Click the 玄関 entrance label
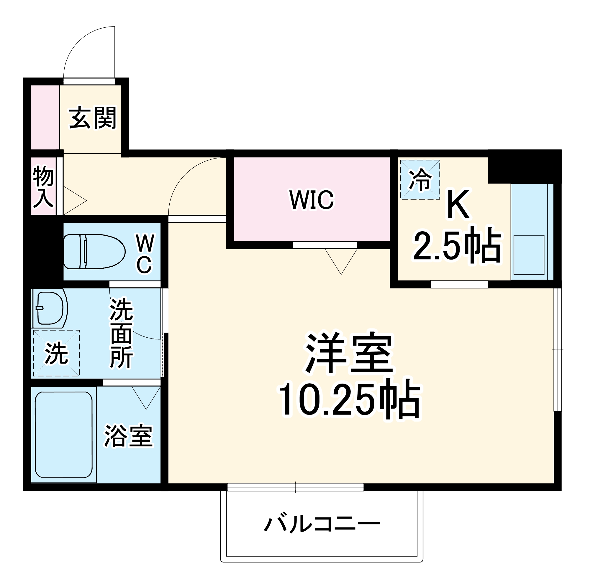pos(93,118)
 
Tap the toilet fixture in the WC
pos(94,252)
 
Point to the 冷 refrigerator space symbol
pos(420,180)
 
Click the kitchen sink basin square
pos(529,255)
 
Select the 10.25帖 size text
pos(349,399)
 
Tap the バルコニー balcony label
pos(322,524)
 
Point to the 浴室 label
pos(128,436)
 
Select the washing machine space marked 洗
pos(56,353)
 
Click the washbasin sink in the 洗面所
pos(50,308)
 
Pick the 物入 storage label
pos(43,186)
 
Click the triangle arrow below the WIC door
pos(341,259)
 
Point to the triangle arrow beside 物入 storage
pos(73,200)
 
